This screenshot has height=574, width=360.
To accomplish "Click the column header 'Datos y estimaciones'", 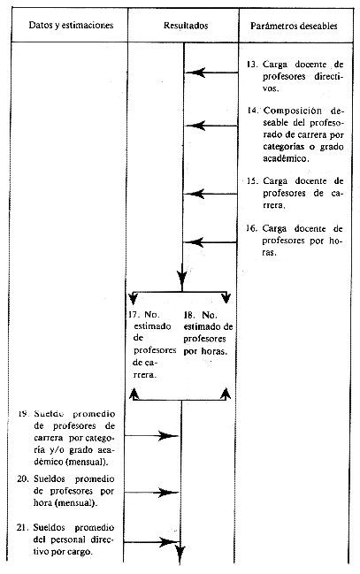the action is (71, 26).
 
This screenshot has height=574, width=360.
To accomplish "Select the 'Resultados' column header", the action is (186, 26).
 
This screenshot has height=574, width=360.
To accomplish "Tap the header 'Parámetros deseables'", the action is (294, 26).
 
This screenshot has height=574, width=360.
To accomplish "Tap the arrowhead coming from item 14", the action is (195, 126).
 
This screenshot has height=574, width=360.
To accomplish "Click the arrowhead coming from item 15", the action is (195, 194).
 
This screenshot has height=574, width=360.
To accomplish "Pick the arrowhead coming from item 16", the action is (194, 242).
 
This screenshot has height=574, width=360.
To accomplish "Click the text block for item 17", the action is (153, 344).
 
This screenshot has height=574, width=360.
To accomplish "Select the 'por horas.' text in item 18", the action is (205, 351).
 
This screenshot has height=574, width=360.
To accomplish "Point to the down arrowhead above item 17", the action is (134, 298).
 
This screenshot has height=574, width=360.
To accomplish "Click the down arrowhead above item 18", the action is (226, 297).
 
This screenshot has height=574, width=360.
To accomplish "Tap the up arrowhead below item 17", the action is (134, 394).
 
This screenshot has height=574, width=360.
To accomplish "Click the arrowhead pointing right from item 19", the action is (168, 436).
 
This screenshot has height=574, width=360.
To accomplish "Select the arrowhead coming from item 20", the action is (168, 493).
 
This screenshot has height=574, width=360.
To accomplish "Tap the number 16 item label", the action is (250, 228).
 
